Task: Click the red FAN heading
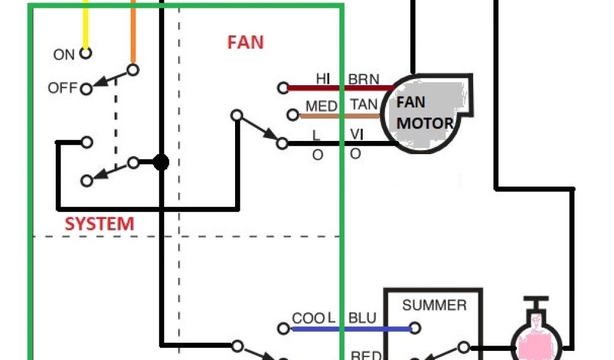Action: coord(245,42)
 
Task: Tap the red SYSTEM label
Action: coord(100,224)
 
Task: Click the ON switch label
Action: coord(64,55)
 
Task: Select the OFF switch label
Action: coord(63,88)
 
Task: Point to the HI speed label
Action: coord(323,79)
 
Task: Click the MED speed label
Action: coord(321,106)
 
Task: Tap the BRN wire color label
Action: coord(364,79)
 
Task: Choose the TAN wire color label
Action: coord(364,105)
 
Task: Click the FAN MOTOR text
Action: coord(425,113)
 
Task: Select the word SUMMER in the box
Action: coord(434,305)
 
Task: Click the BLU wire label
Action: coord(363,317)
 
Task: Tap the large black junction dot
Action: coord(161,162)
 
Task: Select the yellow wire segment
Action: coord(86,24)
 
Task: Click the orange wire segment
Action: coord(133,30)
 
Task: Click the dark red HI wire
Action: coord(336,88)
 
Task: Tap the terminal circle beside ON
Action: coord(86,53)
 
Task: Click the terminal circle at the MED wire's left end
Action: coord(293,115)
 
